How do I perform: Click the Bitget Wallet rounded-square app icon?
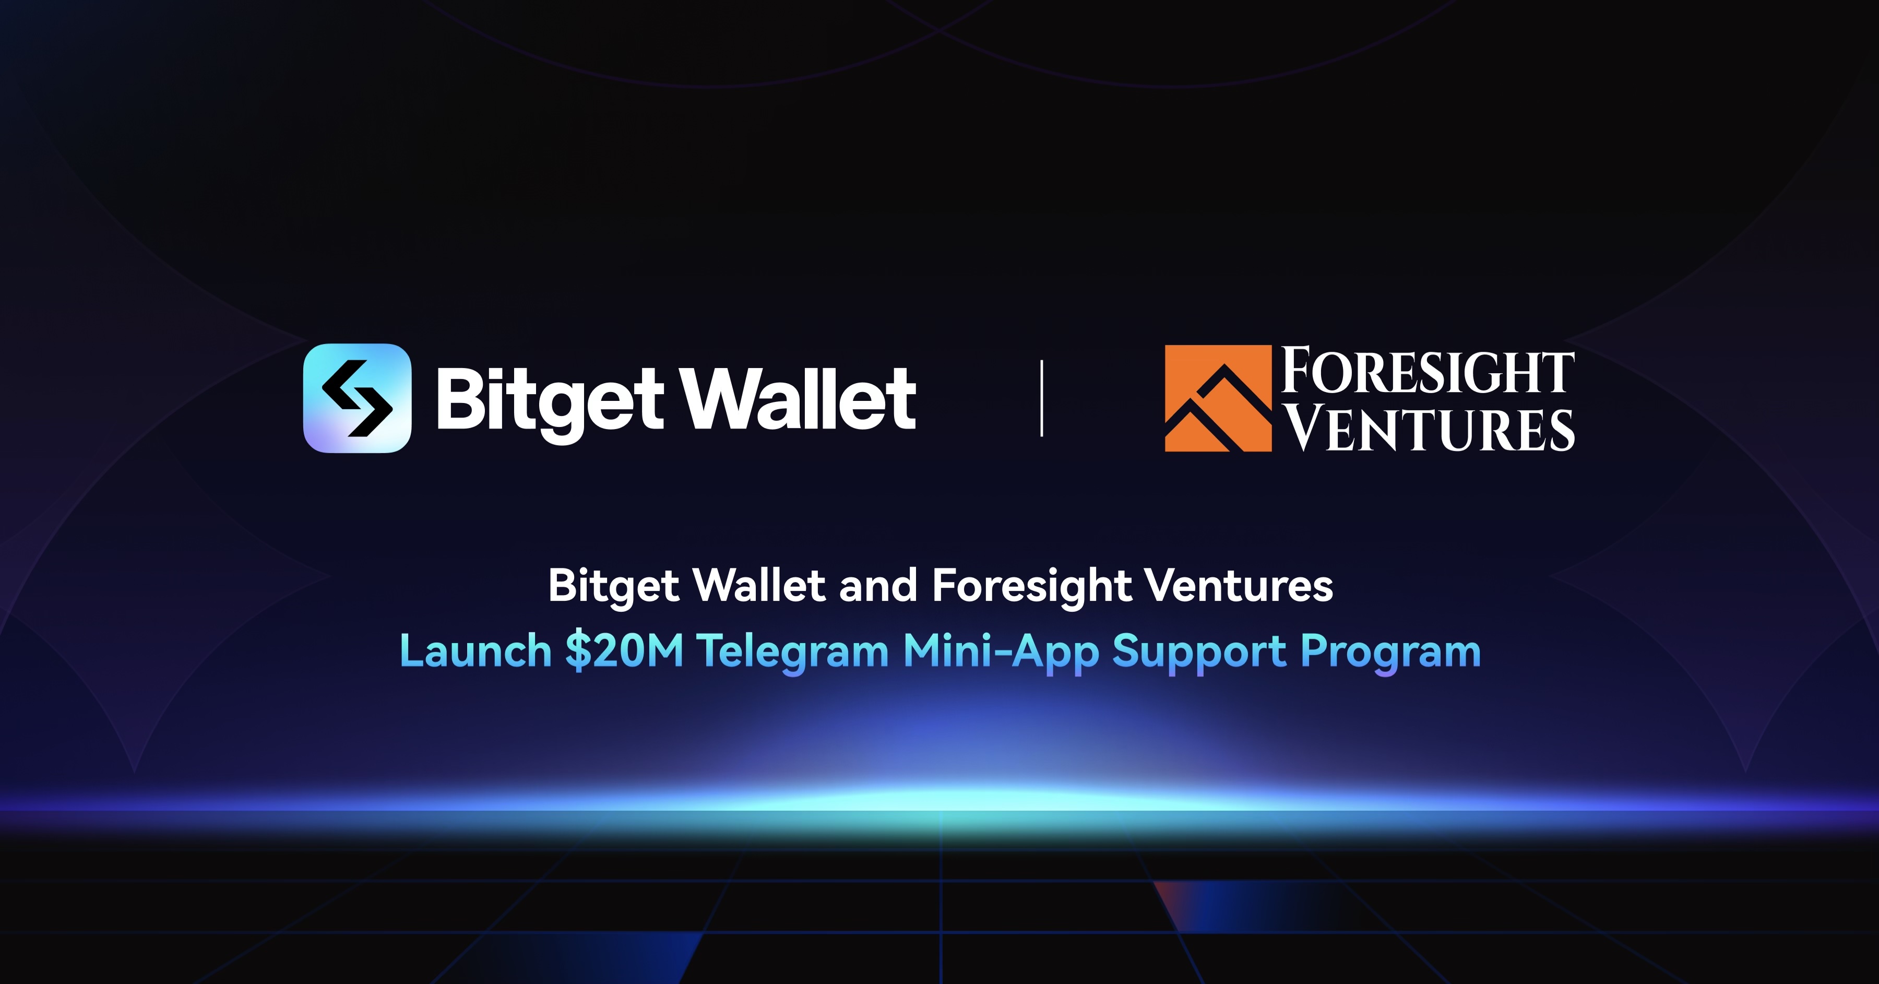point(356,398)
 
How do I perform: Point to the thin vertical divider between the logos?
point(1042,398)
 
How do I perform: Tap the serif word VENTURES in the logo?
point(1429,429)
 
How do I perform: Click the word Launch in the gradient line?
point(475,650)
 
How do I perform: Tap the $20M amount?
point(624,650)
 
